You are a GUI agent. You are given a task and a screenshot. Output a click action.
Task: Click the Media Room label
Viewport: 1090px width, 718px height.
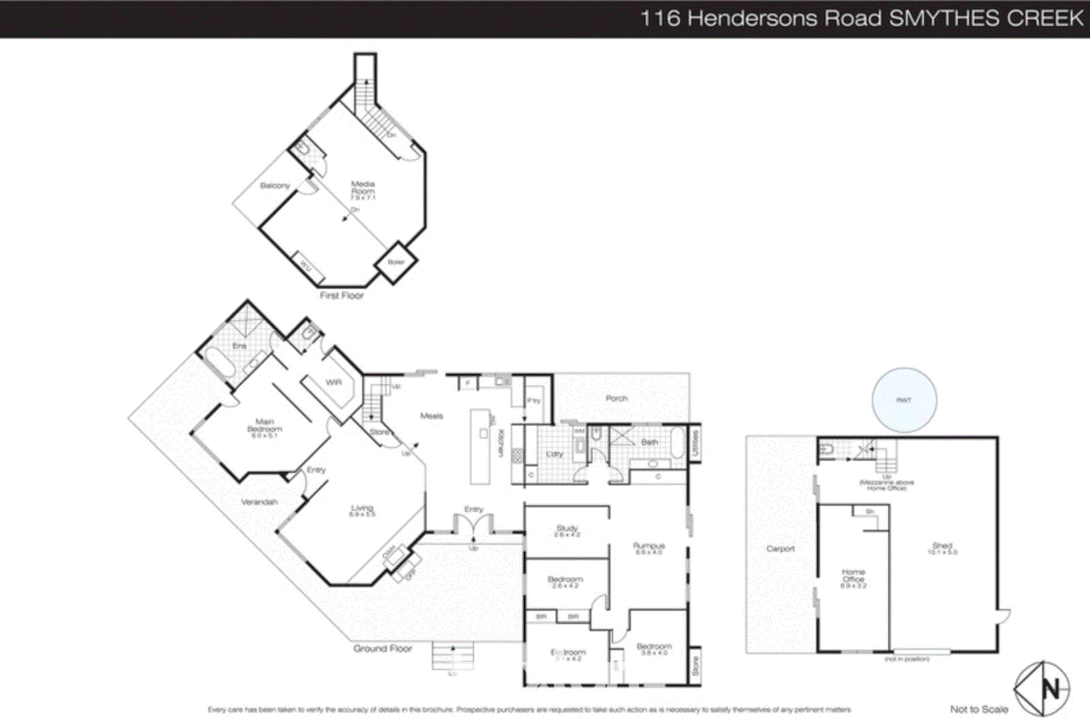[362, 188]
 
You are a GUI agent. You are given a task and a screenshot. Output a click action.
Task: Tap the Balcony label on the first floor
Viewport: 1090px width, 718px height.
[275, 185]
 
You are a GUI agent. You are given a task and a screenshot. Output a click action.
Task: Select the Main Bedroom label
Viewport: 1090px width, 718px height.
[264, 425]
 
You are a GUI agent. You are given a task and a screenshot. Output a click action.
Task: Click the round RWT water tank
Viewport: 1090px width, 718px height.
[904, 400]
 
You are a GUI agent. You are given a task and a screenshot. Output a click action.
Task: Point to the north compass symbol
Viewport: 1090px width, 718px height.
[1042, 689]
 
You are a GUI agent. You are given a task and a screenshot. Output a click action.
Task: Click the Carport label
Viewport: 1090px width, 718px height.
[781, 548]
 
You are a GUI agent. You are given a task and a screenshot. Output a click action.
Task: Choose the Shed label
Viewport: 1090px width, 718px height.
[942, 547]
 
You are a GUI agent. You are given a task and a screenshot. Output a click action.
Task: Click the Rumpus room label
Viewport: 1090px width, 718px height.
[649, 547]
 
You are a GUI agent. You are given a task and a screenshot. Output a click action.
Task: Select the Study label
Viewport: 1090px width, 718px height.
[567, 529]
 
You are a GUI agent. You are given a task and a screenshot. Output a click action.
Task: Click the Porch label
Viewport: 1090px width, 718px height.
[617, 398]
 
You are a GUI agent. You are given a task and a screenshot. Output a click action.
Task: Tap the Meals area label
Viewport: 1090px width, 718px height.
[432, 416]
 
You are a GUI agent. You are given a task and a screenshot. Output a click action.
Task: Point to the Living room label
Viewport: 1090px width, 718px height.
[362, 510]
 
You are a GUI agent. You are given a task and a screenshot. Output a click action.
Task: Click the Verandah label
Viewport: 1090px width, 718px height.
[260, 502]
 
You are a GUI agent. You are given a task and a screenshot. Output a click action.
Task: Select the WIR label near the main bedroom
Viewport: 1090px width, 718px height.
[333, 383]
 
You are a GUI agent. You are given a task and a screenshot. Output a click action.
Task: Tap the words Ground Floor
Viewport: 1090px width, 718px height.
[382, 649]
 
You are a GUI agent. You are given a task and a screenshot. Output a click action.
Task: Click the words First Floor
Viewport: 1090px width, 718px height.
[341, 296]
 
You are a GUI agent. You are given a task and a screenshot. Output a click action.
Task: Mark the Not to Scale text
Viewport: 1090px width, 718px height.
[979, 709]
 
